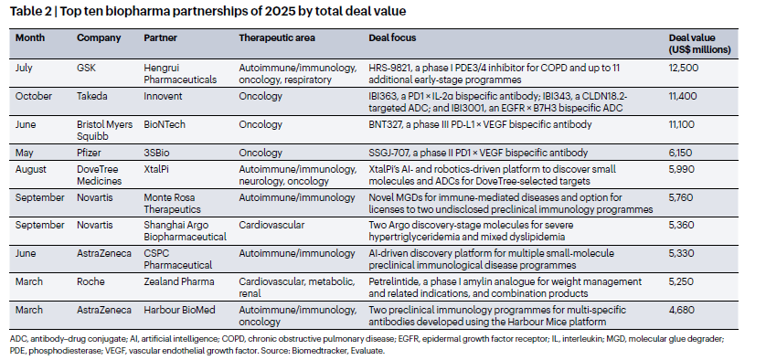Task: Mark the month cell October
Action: (x=37, y=96)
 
